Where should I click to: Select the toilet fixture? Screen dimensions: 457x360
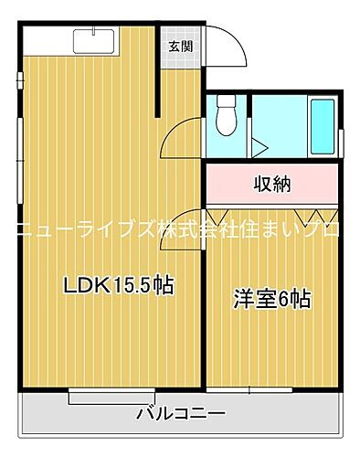228,114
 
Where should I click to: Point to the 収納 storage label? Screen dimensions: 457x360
271,184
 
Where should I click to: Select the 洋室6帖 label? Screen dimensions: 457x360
271,299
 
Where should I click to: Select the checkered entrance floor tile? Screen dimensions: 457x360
180,70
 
